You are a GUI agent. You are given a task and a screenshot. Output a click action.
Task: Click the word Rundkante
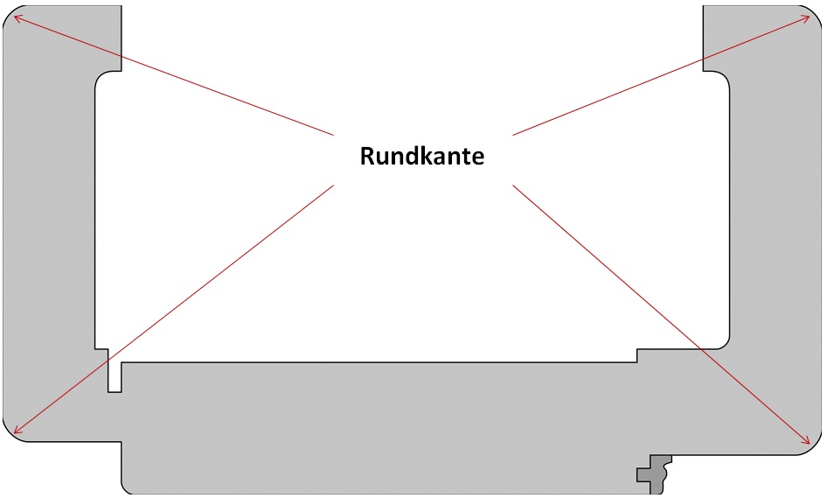(x=422, y=158)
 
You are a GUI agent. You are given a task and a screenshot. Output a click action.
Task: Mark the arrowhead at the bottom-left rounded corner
(x=16, y=431)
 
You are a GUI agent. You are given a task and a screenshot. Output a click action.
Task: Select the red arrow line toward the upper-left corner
(x=175, y=76)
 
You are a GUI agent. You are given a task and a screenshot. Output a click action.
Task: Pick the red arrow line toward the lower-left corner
(x=175, y=307)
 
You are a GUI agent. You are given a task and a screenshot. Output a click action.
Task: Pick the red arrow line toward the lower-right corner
(x=661, y=312)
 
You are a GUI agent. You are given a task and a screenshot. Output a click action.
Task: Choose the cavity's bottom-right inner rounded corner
(x=722, y=342)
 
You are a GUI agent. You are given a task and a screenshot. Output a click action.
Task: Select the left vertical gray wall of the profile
(x=48, y=219)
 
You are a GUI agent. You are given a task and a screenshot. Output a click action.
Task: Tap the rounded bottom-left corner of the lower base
(x=127, y=487)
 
